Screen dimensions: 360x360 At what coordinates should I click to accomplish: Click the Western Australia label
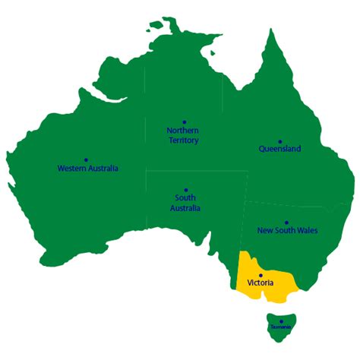(88, 169)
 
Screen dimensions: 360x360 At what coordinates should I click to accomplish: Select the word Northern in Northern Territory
(183, 131)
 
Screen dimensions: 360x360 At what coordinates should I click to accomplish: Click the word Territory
(183, 141)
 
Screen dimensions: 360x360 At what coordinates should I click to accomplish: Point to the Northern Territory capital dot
(183, 122)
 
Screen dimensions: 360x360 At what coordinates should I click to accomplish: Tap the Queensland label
(280, 150)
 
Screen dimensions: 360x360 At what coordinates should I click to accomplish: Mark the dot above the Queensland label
(280, 141)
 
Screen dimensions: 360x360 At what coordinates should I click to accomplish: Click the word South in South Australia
(185, 198)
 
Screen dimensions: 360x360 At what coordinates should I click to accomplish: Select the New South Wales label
(287, 230)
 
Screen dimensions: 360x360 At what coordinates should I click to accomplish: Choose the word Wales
(307, 230)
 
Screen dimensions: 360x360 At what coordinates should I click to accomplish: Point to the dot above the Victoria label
(261, 275)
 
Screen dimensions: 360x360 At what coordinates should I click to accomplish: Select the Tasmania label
(279, 327)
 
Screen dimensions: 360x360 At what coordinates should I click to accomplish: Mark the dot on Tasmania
(279, 321)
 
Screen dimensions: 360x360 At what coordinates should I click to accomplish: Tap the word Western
(71, 169)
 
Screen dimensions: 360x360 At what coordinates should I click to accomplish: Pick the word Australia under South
(185, 207)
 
